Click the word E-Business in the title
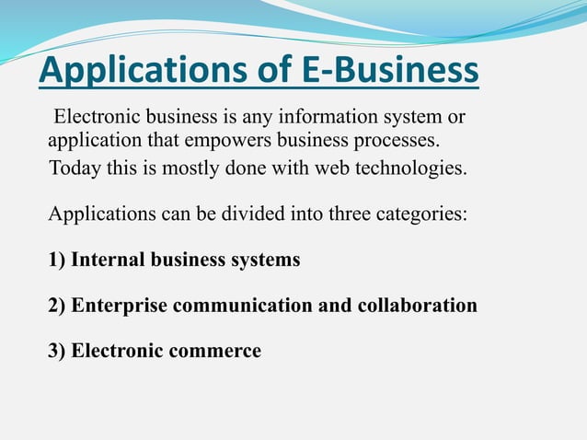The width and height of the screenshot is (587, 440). click(390, 71)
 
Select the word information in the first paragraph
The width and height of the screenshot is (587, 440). click(301, 119)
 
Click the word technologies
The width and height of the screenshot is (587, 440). click(409, 169)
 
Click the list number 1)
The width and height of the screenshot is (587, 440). click(57, 261)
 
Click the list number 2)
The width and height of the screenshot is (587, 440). click(57, 306)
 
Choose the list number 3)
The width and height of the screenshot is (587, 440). click(57, 351)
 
